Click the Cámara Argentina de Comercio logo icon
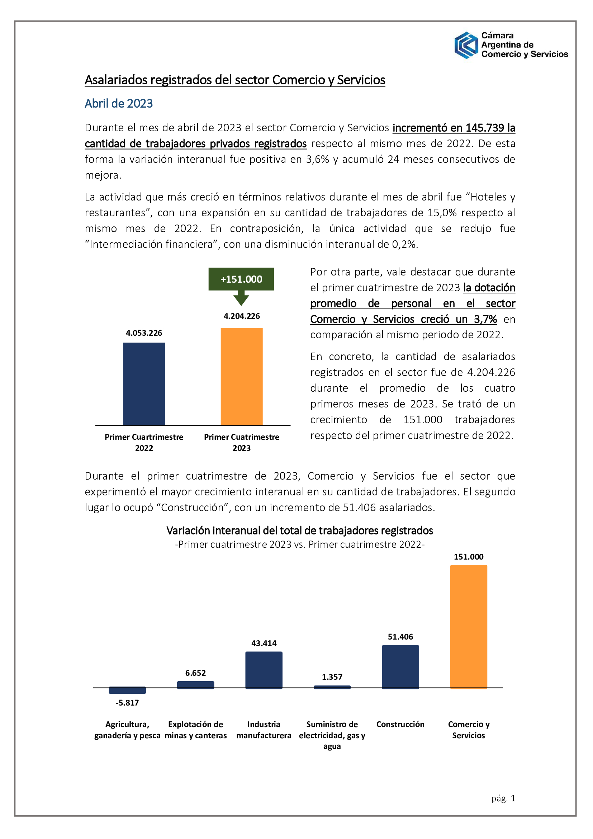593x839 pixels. tap(466, 45)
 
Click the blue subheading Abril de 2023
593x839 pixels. tap(119, 104)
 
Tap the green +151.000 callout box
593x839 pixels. tap(241, 279)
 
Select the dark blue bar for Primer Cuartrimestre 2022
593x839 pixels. tap(144, 384)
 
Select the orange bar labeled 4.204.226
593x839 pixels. tap(241, 376)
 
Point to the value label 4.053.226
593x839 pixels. tap(144, 333)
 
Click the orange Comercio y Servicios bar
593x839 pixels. tap(469, 626)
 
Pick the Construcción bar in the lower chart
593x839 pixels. tap(400, 666)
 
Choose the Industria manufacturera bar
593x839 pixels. tap(264, 670)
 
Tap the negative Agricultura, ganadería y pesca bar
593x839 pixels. tap(127, 690)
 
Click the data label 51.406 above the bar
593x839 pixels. tap(400, 637)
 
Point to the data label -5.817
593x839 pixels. tap(127, 702)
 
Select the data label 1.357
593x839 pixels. tap(332, 677)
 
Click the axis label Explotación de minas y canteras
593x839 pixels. tap(196, 729)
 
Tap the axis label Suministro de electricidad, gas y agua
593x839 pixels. tap(332, 735)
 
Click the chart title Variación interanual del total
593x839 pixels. tap(299, 531)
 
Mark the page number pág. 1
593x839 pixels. tap(503, 798)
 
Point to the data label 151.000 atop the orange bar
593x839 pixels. tap(469, 557)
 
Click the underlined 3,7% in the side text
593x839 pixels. tap(485, 319)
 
